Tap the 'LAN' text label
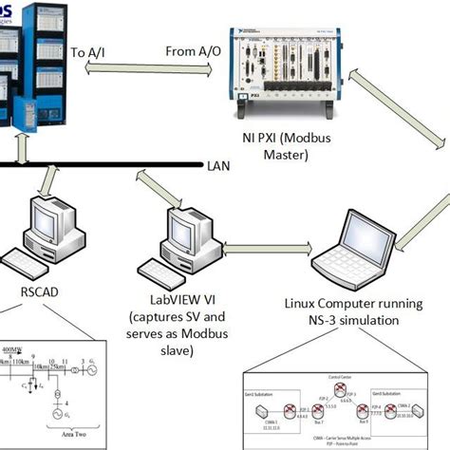tap(217, 166)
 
